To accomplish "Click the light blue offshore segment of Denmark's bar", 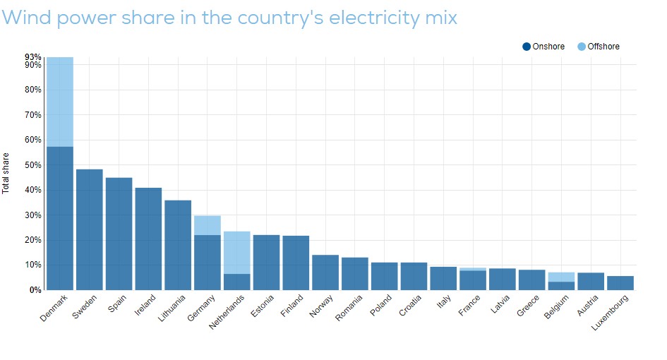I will click(59, 102).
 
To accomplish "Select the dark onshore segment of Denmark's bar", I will click(59, 218).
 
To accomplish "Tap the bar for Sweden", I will click(89, 229).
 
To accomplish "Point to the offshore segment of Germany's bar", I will click(207, 225).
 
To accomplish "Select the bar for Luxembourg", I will click(620, 282).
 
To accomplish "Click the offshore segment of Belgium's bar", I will click(561, 277).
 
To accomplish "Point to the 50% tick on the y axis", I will click(33, 165).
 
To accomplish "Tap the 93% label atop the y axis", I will click(32, 57).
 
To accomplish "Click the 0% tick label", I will click(35, 290).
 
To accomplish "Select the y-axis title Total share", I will click(6, 173).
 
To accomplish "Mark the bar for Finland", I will click(296, 263).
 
